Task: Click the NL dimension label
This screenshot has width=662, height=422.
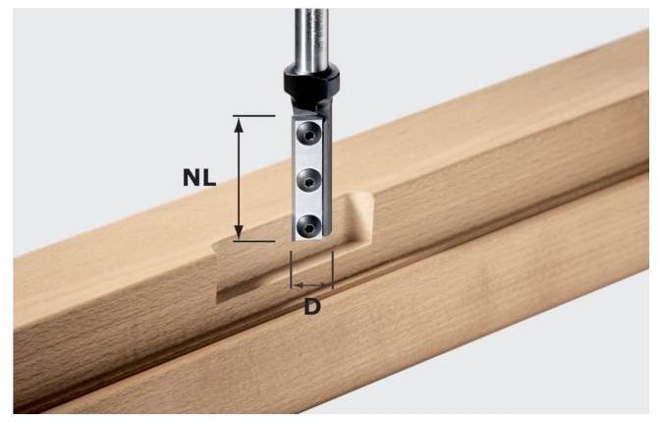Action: coord(199,178)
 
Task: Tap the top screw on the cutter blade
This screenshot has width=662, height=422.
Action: coord(307,135)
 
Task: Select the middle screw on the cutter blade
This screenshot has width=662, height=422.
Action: coord(307,180)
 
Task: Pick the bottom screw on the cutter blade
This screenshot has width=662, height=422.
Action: coord(307,226)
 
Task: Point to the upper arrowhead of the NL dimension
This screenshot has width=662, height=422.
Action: coord(239,123)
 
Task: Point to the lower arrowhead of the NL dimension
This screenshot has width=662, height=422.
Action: coord(239,233)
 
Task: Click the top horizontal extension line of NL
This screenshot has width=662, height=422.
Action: coord(253,115)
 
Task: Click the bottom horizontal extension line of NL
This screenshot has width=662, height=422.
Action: coord(253,241)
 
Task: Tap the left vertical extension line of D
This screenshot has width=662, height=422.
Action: coord(292,270)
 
